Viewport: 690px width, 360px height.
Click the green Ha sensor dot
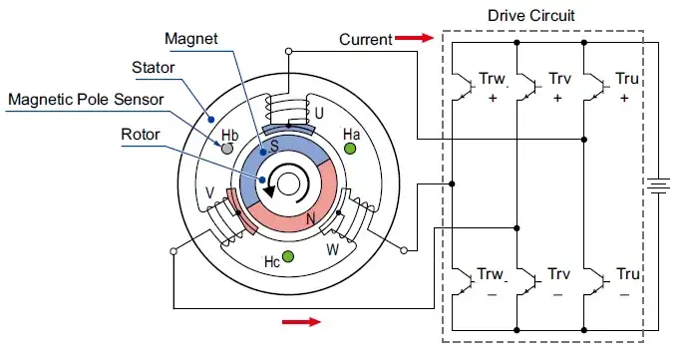pos(350,149)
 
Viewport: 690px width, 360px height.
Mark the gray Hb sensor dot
pos(227,149)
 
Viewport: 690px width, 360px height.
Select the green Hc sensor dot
pos(288,257)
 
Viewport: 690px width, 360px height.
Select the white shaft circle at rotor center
pos(288,181)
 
